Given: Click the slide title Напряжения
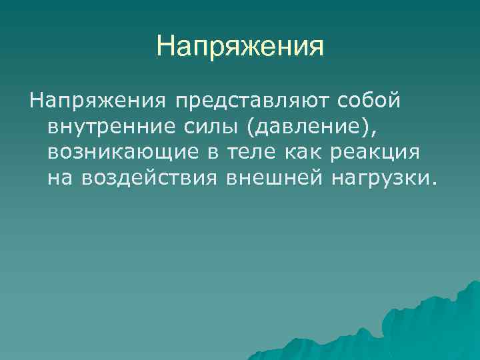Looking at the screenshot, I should (x=240, y=47).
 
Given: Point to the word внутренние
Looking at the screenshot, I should (x=109, y=127).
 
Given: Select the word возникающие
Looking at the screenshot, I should (x=123, y=153).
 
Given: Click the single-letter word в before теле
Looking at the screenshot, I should (x=212, y=153).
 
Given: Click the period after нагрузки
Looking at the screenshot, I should (x=436, y=184).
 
